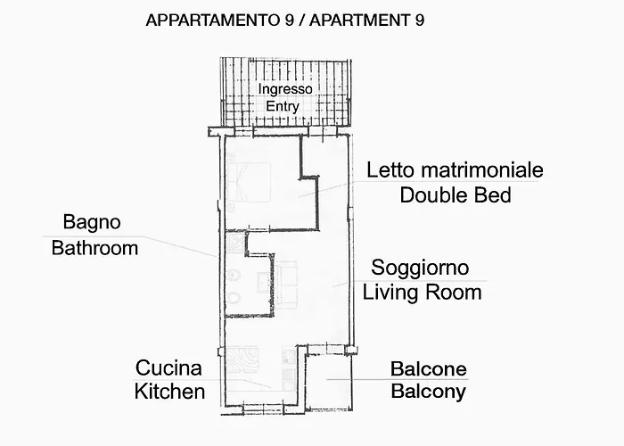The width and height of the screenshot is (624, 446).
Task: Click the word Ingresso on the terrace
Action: coord(285,89)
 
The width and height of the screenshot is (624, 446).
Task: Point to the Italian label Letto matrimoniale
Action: coord(455,170)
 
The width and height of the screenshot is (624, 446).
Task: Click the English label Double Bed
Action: coord(456,194)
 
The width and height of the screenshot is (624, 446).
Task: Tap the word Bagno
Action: coord(92,222)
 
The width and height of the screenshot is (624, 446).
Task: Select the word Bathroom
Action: coord(94,247)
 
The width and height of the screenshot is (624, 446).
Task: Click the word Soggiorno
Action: coord(420,268)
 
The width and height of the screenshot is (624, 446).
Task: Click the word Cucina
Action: coord(168,368)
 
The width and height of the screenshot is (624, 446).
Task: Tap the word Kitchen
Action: coord(169,391)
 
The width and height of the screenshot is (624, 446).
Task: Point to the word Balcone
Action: coord(428,368)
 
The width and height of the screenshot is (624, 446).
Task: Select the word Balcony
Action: coord(428,391)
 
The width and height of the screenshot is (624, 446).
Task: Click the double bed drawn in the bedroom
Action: coord(249,182)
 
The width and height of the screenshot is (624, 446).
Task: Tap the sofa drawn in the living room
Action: coord(284,282)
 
